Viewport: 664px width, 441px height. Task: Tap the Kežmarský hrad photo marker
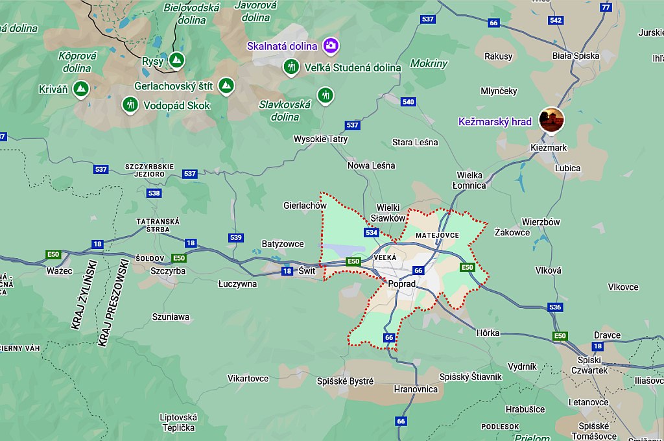coord(551,120)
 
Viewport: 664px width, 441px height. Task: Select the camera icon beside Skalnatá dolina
coord(331,45)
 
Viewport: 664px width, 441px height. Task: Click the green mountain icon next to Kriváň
coord(80,88)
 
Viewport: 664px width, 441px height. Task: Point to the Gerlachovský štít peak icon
coord(226,86)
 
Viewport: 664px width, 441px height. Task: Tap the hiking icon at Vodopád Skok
coord(130,104)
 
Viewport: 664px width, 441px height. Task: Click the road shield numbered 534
coord(372,232)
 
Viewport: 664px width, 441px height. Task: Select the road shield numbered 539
coord(235,238)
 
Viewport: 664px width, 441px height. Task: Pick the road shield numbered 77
coord(606,7)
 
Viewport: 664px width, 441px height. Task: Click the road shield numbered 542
coord(555,20)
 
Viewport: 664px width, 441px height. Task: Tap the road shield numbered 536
coord(554,307)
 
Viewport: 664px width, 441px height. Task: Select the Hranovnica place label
coord(416,389)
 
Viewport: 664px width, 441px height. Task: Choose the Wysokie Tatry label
coord(320,139)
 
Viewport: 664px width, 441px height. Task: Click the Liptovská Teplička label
coord(178,422)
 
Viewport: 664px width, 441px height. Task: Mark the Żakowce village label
coord(512,232)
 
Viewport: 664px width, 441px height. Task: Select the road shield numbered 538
coord(154,193)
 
